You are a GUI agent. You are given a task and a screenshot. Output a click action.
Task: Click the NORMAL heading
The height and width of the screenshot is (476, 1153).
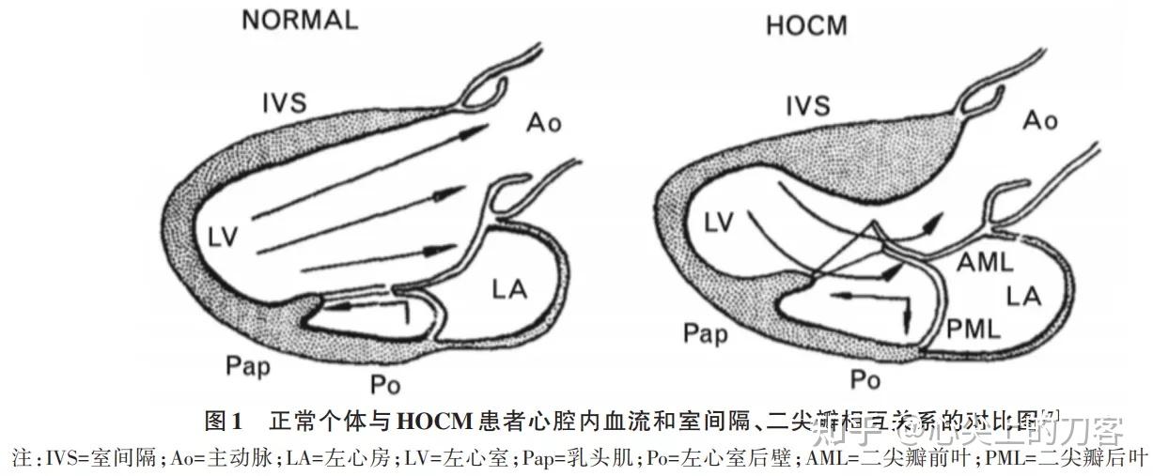tap(300, 20)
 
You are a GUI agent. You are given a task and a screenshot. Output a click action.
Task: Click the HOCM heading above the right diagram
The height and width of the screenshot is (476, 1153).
tap(805, 25)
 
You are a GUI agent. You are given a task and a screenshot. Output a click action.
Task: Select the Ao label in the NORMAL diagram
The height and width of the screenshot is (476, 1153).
tap(542, 122)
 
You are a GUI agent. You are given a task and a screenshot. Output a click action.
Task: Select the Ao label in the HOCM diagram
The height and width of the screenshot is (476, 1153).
tap(1039, 119)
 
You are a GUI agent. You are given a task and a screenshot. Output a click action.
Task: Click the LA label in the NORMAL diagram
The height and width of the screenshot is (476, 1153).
tap(508, 289)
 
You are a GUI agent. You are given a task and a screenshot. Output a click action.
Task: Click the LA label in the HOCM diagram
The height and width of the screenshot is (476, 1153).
tap(1024, 298)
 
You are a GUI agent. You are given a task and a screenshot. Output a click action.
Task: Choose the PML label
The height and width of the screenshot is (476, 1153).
tap(973, 327)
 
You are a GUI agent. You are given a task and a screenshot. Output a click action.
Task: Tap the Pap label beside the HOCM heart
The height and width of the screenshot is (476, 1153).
tap(705, 331)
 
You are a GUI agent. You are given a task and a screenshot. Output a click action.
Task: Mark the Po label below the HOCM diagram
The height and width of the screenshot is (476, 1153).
tap(864, 379)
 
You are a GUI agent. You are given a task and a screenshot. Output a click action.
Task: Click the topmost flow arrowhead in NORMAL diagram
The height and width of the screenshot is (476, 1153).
tap(482, 128)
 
